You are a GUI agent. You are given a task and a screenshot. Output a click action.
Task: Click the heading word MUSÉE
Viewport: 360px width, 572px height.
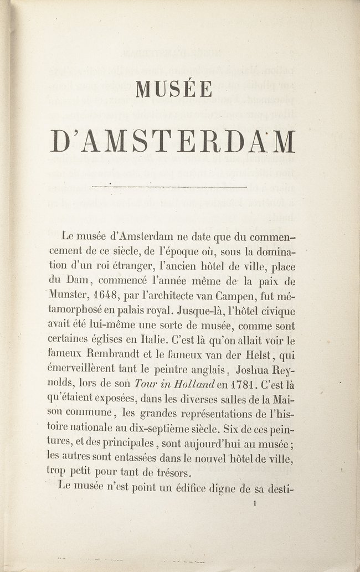tap(174, 88)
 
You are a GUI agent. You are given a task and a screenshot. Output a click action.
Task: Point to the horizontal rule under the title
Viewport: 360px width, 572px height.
tap(169, 187)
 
